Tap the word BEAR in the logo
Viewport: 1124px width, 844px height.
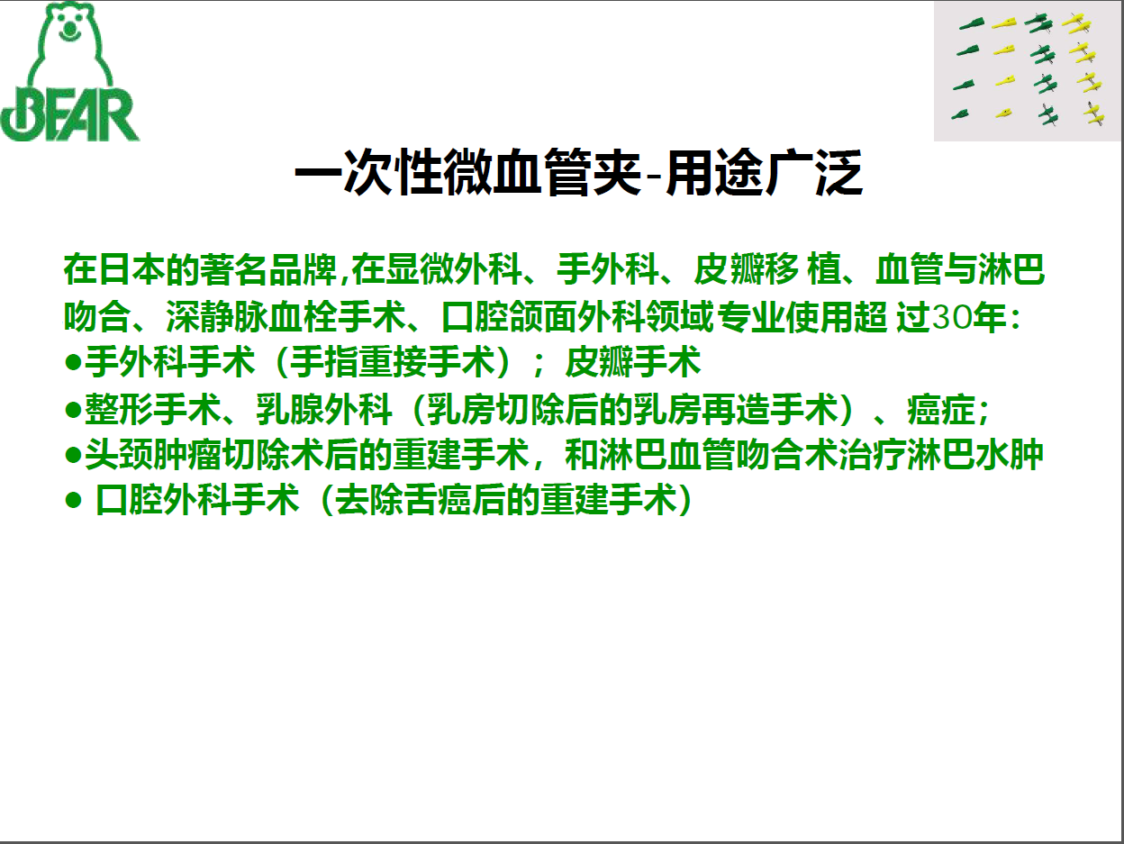pyautogui.click(x=69, y=114)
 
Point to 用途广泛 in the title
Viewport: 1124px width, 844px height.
pyautogui.click(x=764, y=173)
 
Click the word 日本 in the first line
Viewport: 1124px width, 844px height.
pyautogui.click(x=114, y=269)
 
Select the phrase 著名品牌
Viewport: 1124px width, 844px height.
pyautogui.click(x=268, y=269)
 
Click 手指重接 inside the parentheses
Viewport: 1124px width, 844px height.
pyautogui.click(x=358, y=362)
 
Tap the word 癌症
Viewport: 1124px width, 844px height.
pyautogui.click(x=940, y=410)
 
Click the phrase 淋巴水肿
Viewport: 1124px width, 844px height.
pyautogui.click(x=975, y=454)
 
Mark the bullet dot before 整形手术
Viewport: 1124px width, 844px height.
pyautogui.click(x=73, y=410)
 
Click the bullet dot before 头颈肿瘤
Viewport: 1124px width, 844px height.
pyautogui.click(x=73, y=455)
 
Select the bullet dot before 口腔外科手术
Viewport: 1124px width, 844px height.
pyautogui.click(x=73, y=500)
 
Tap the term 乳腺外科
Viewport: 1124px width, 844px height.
pyautogui.click(x=324, y=410)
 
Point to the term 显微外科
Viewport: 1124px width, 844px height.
pyautogui.click(x=454, y=269)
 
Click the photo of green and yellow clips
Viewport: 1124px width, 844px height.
pyautogui.click(x=1028, y=71)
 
